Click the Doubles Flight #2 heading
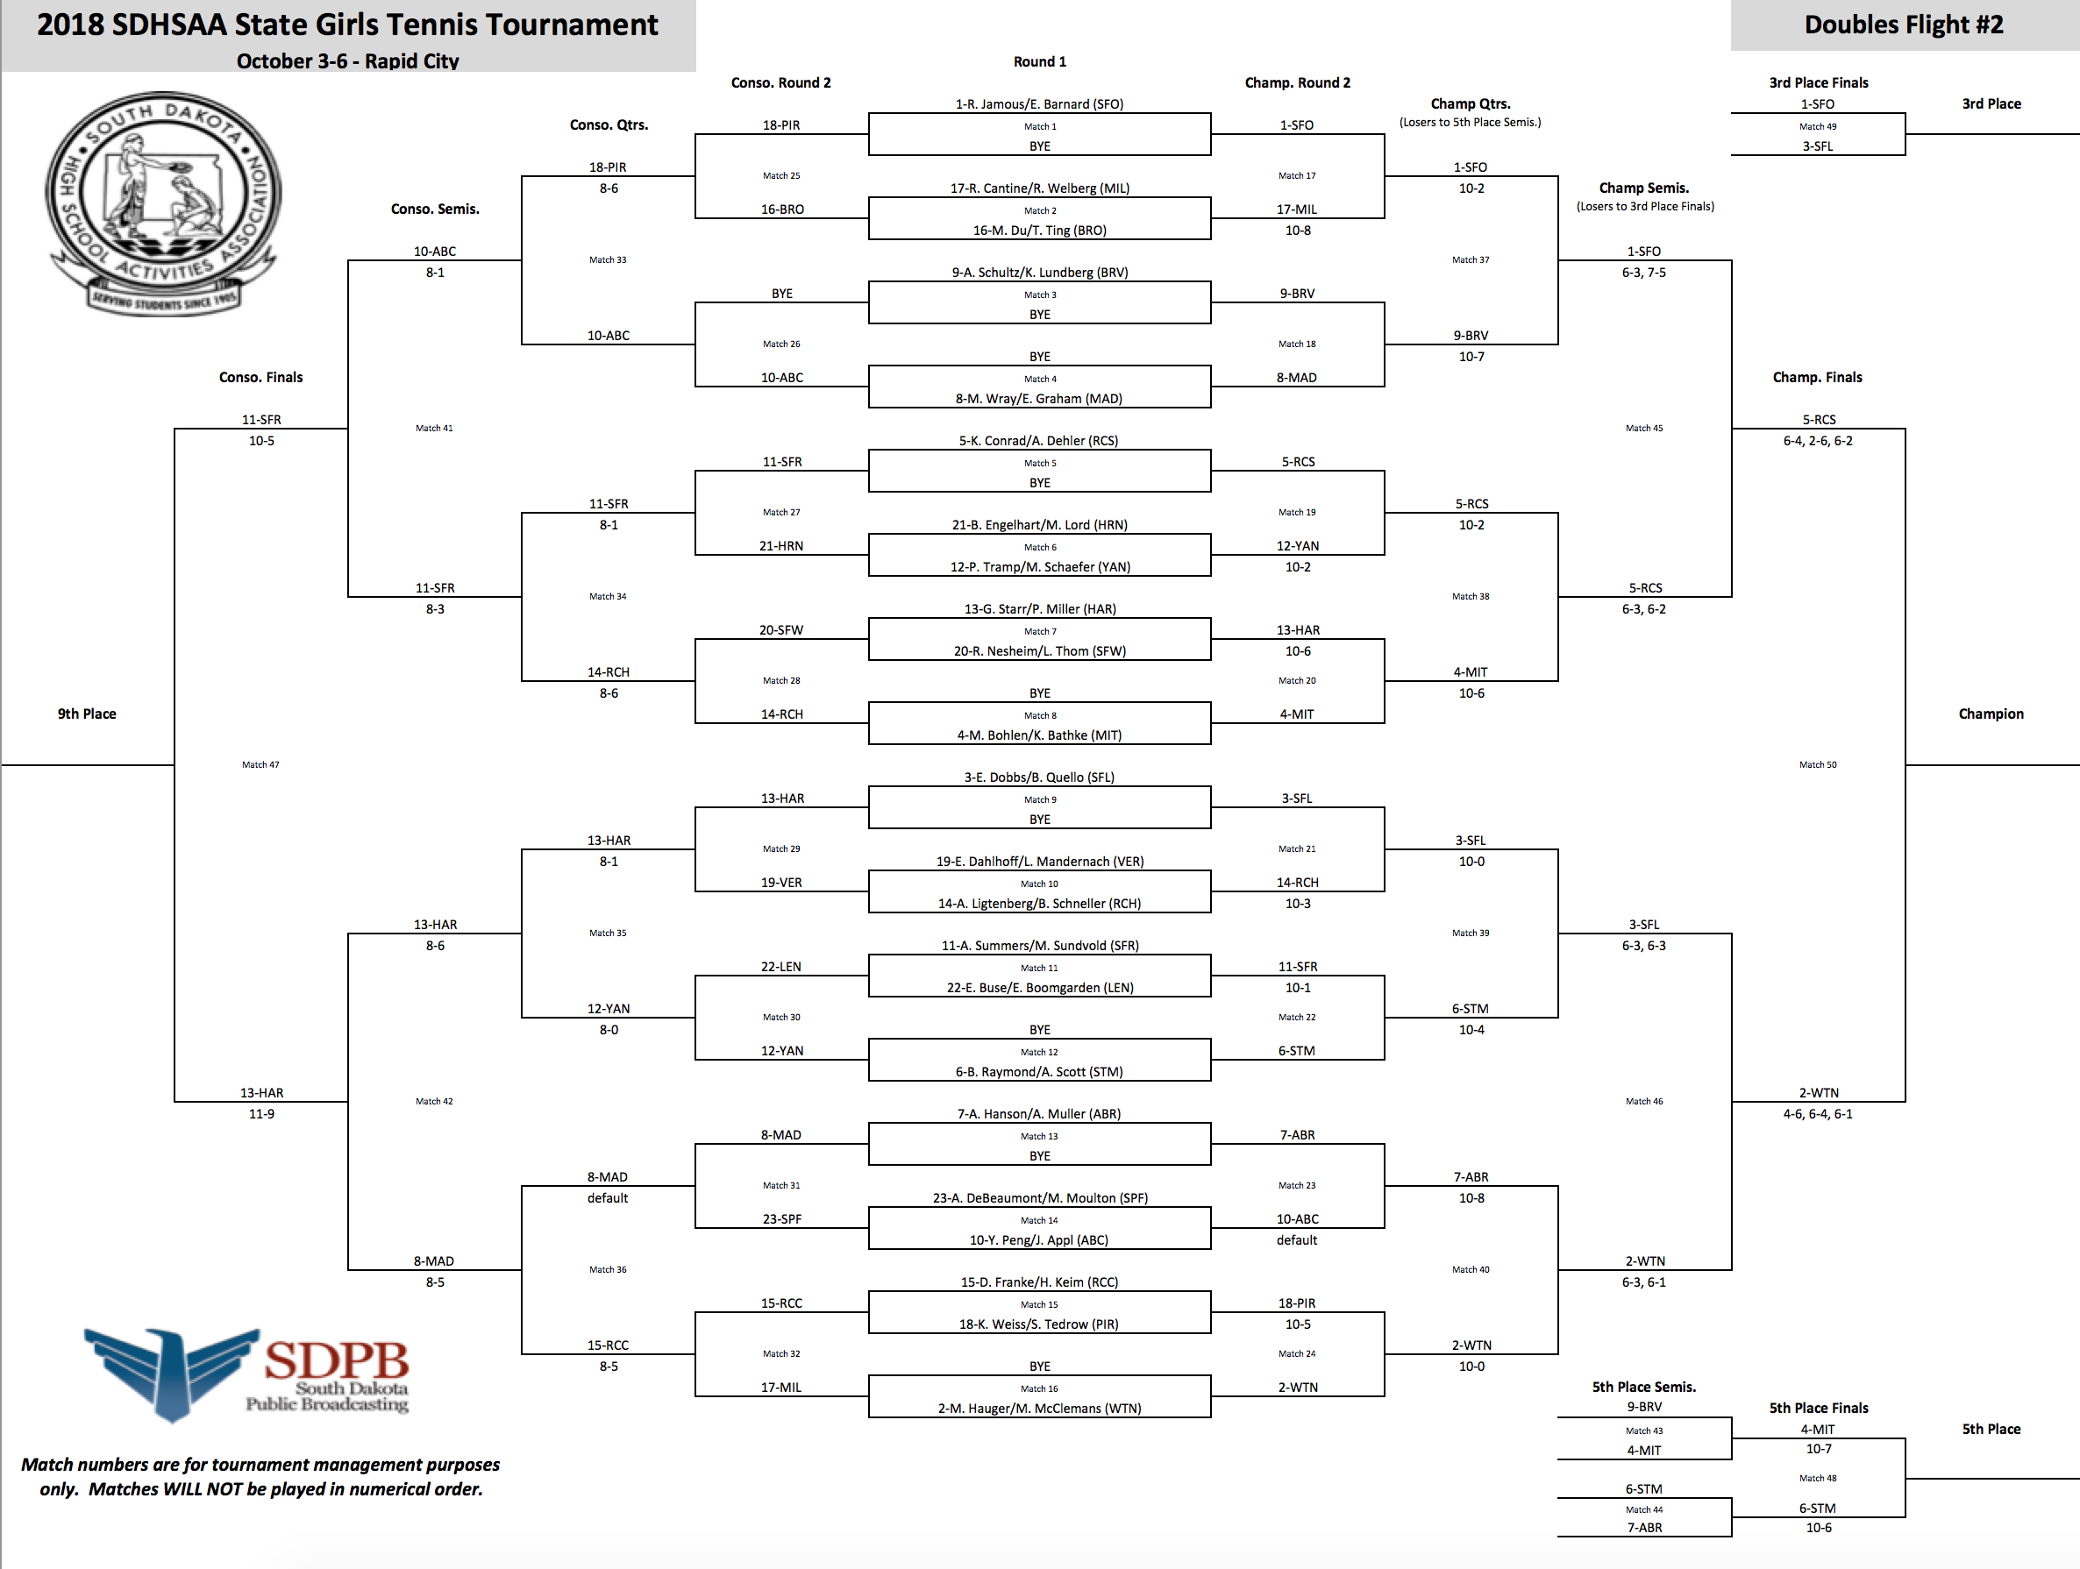[x=1903, y=25]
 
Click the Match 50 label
[x=1818, y=765]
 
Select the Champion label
[x=1991, y=714]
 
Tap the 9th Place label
[x=87, y=714]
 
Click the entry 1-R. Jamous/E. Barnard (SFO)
[x=1039, y=104]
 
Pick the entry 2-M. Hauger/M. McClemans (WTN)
[x=1039, y=1409]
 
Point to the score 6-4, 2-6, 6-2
[x=1818, y=441]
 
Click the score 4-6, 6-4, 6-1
[x=1818, y=1114]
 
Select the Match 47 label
[x=260, y=765]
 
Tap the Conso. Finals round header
[x=260, y=377]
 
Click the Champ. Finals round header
[x=1817, y=377]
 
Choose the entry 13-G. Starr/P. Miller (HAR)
[x=1040, y=609]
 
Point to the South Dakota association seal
[x=163, y=203]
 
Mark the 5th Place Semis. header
[x=1643, y=1387]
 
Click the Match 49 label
[x=1818, y=127]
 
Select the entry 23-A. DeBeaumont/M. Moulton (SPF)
[x=1040, y=1197]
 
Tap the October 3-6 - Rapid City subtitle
[x=348, y=61]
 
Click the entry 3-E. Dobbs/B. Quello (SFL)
[x=1039, y=777]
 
